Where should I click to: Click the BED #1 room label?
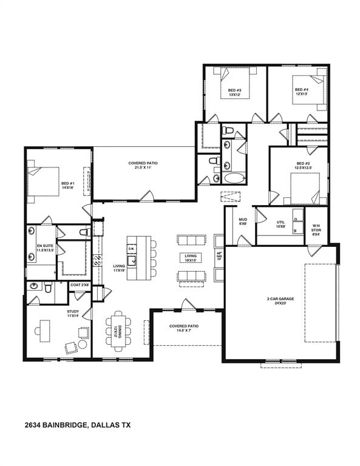tap(67, 185)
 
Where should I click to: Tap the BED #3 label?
tap(235, 93)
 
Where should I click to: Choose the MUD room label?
tap(242, 221)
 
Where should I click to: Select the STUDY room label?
tap(73, 314)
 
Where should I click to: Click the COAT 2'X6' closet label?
tap(80, 284)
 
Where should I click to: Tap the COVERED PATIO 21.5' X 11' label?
tap(144, 165)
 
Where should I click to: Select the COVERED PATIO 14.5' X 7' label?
tap(184, 328)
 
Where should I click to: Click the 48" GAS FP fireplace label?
tap(219, 260)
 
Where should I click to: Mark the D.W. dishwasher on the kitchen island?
tap(131, 249)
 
